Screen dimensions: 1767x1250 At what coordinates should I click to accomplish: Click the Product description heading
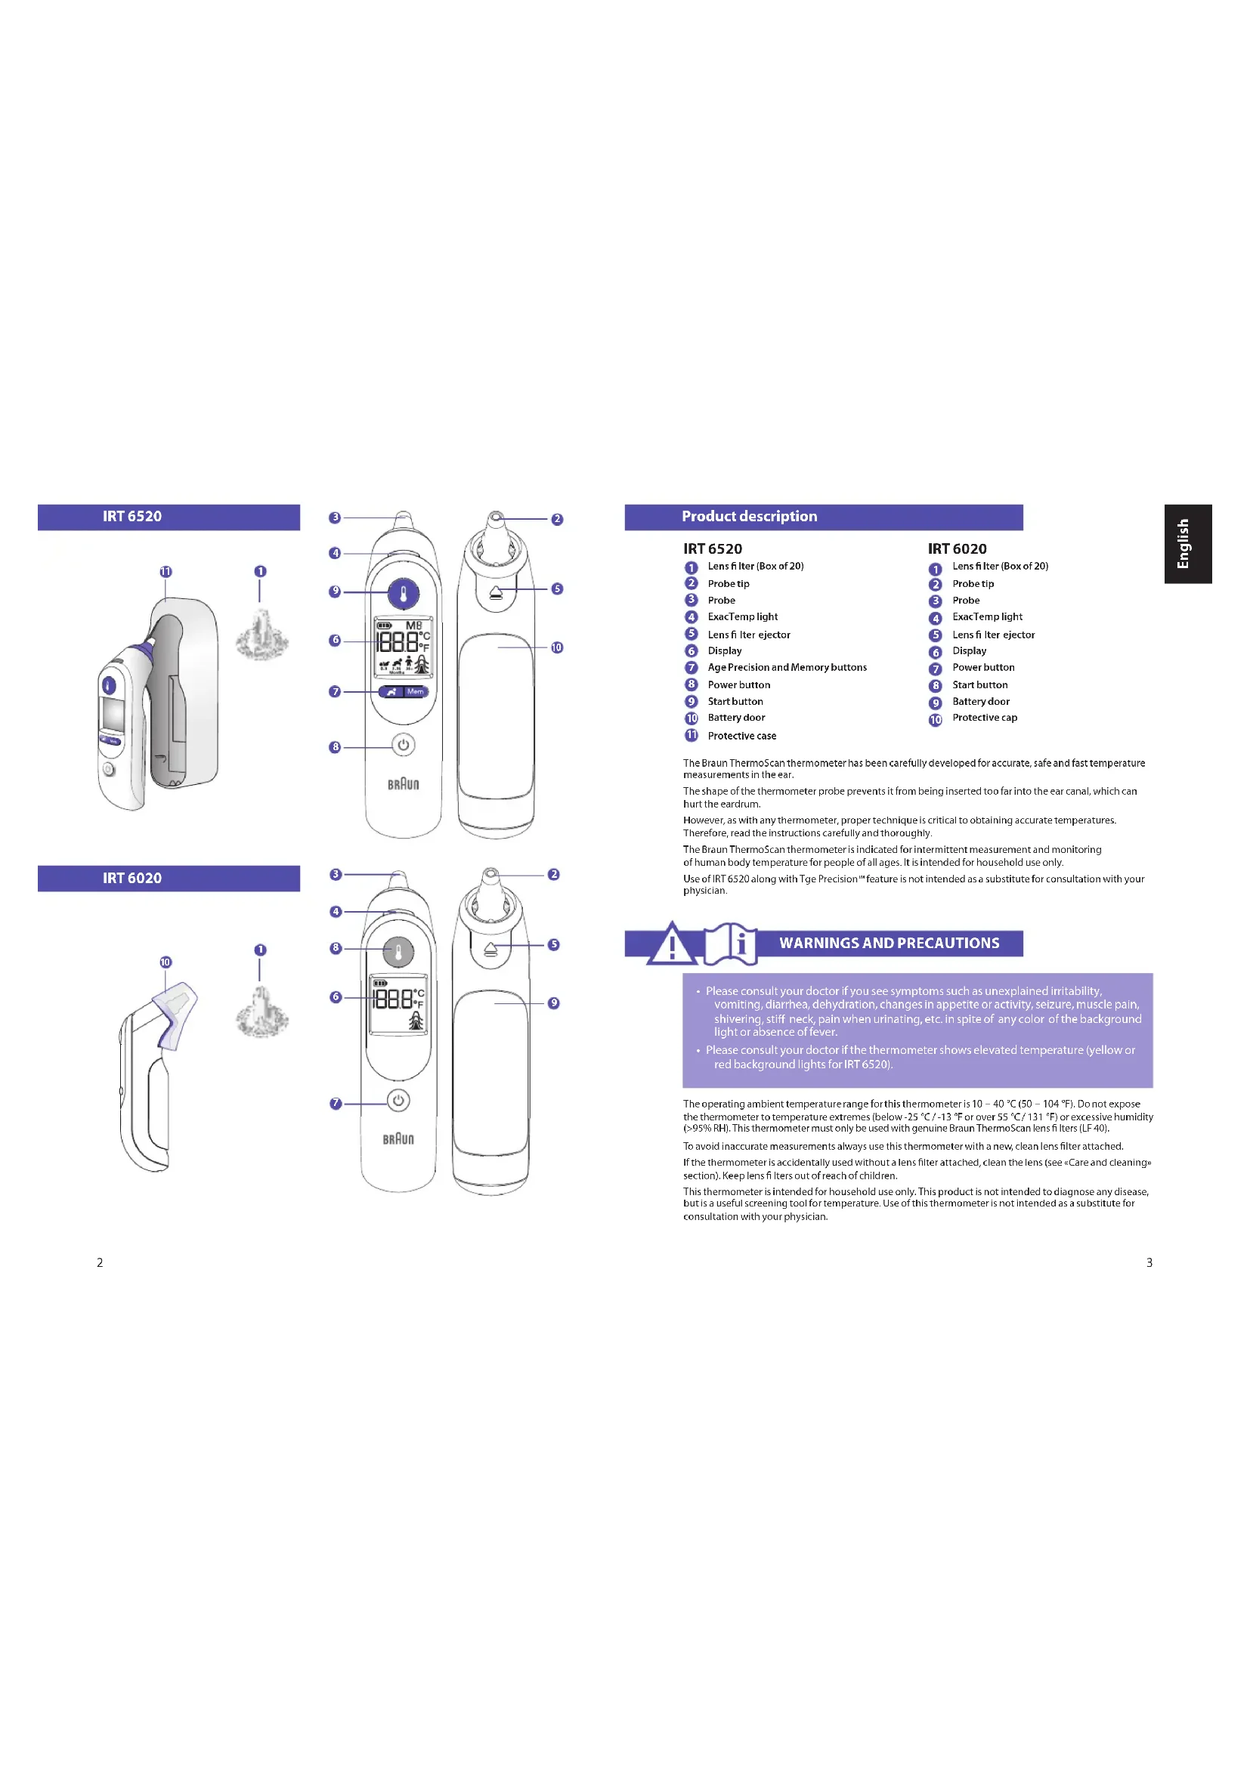tap(749, 517)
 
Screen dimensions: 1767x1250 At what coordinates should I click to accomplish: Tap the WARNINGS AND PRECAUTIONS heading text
tap(889, 943)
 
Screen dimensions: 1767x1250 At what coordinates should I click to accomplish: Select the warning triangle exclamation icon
tap(672, 944)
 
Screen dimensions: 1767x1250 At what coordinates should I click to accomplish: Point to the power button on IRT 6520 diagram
tap(404, 745)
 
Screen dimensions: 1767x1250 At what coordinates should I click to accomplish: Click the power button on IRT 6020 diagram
tap(398, 1101)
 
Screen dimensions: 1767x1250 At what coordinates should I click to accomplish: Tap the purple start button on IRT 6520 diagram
tap(404, 593)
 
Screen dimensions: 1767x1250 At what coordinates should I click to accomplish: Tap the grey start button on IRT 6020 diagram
tap(398, 952)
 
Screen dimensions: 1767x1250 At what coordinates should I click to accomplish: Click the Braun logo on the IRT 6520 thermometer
tap(404, 784)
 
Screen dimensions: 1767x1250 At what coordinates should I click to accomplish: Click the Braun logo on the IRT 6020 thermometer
tap(398, 1139)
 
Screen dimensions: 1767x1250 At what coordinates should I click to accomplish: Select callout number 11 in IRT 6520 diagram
tap(166, 572)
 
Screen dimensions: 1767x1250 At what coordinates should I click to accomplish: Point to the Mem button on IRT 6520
tap(416, 692)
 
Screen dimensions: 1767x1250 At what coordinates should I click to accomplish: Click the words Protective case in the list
tap(741, 736)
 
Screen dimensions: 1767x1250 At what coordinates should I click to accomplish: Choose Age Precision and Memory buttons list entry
tap(787, 667)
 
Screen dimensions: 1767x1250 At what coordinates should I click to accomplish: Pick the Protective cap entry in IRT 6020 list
tap(985, 717)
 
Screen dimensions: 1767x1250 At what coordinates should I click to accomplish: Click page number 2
tap(99, 1262)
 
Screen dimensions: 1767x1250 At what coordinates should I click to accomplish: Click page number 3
tap(1149, 1262)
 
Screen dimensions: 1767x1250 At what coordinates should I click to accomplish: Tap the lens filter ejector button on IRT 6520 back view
tap(496, 592)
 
